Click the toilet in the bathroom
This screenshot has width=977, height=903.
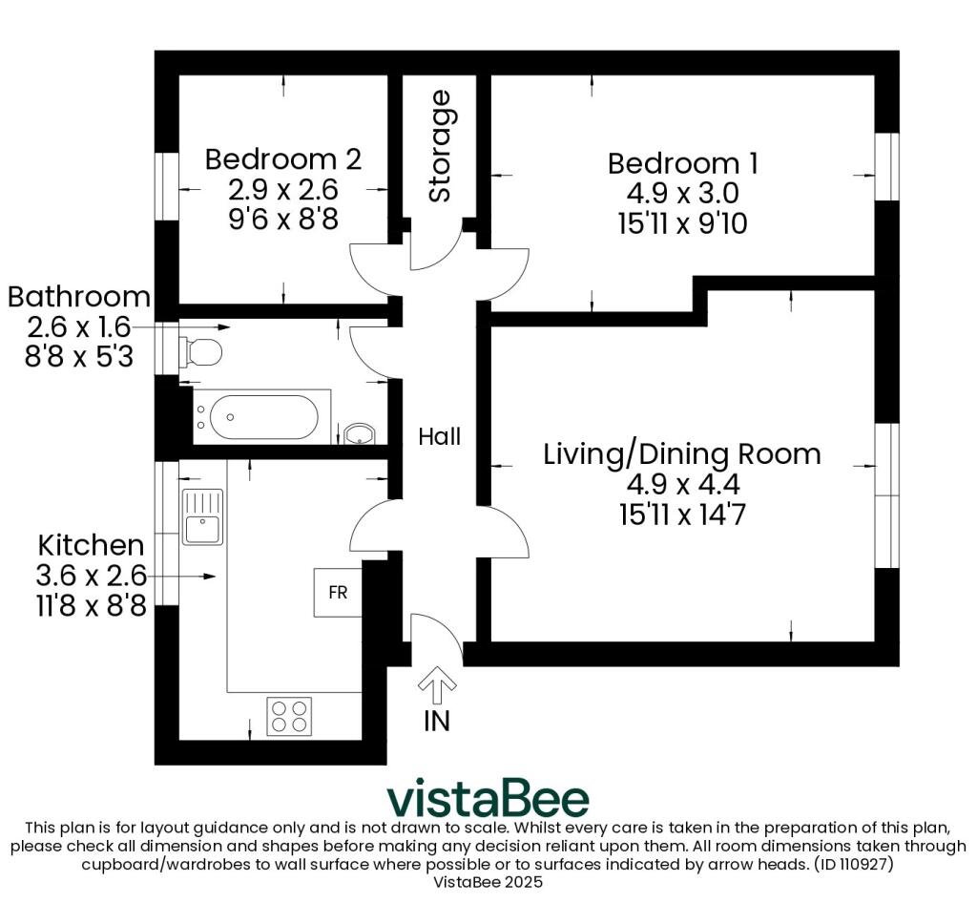click(200, 353)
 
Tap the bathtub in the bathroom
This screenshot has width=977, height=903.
click(261, 417)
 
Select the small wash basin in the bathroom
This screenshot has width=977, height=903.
click(360, 434)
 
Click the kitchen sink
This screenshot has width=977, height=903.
click(202, 516)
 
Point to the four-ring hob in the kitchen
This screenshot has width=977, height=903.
click(290, 716)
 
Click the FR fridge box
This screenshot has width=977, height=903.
click(338, 592)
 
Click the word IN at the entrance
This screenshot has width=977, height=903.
click(437, 721)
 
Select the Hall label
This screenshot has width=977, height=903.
click(440, 437)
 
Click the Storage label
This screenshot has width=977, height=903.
click(440, 146)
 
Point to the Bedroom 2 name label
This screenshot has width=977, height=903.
click(283, 159)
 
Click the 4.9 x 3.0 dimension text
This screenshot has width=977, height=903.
click(683, 193)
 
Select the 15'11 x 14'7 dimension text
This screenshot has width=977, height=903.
click(683, 514)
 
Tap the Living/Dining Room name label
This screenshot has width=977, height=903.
click(682, 454)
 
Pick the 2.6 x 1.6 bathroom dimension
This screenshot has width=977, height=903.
click(79, 326)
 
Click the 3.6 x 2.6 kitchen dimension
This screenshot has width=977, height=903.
click(91, 576)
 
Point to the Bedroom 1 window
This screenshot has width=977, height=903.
click(887, 166)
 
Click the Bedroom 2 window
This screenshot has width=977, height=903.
click(167, 186)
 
